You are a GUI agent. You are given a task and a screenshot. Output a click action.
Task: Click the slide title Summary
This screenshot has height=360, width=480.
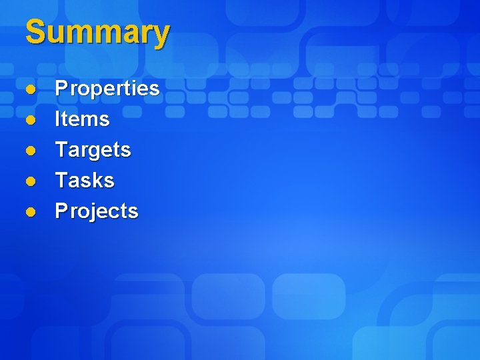97,33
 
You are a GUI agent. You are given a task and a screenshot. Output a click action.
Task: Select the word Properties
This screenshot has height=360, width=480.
107,89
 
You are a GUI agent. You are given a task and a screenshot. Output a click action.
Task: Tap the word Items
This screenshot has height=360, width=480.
82,119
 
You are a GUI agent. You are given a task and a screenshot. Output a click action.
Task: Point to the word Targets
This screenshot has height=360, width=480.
93,150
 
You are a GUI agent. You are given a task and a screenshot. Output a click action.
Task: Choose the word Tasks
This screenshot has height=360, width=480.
85,180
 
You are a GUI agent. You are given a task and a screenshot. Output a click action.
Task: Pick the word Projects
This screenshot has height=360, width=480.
97,211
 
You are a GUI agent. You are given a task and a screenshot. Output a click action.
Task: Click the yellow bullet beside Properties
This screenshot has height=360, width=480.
30,89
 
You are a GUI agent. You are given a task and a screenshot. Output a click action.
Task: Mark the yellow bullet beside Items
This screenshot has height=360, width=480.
30,119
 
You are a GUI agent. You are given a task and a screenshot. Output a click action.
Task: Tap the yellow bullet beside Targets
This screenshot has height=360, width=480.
30,150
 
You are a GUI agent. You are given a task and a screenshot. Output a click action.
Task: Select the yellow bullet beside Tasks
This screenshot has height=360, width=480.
30,181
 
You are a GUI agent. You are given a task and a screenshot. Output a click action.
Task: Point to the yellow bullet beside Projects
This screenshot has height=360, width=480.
30,211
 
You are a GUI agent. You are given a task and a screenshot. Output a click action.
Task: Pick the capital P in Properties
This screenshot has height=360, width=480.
61,88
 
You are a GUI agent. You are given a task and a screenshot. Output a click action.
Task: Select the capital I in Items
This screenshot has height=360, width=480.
58,119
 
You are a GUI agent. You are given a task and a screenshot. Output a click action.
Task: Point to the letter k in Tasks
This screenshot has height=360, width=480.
95,180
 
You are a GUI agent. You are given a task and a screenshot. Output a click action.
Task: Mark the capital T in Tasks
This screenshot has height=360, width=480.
61,180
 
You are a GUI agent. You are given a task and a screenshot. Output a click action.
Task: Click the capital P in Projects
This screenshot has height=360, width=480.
61,211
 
